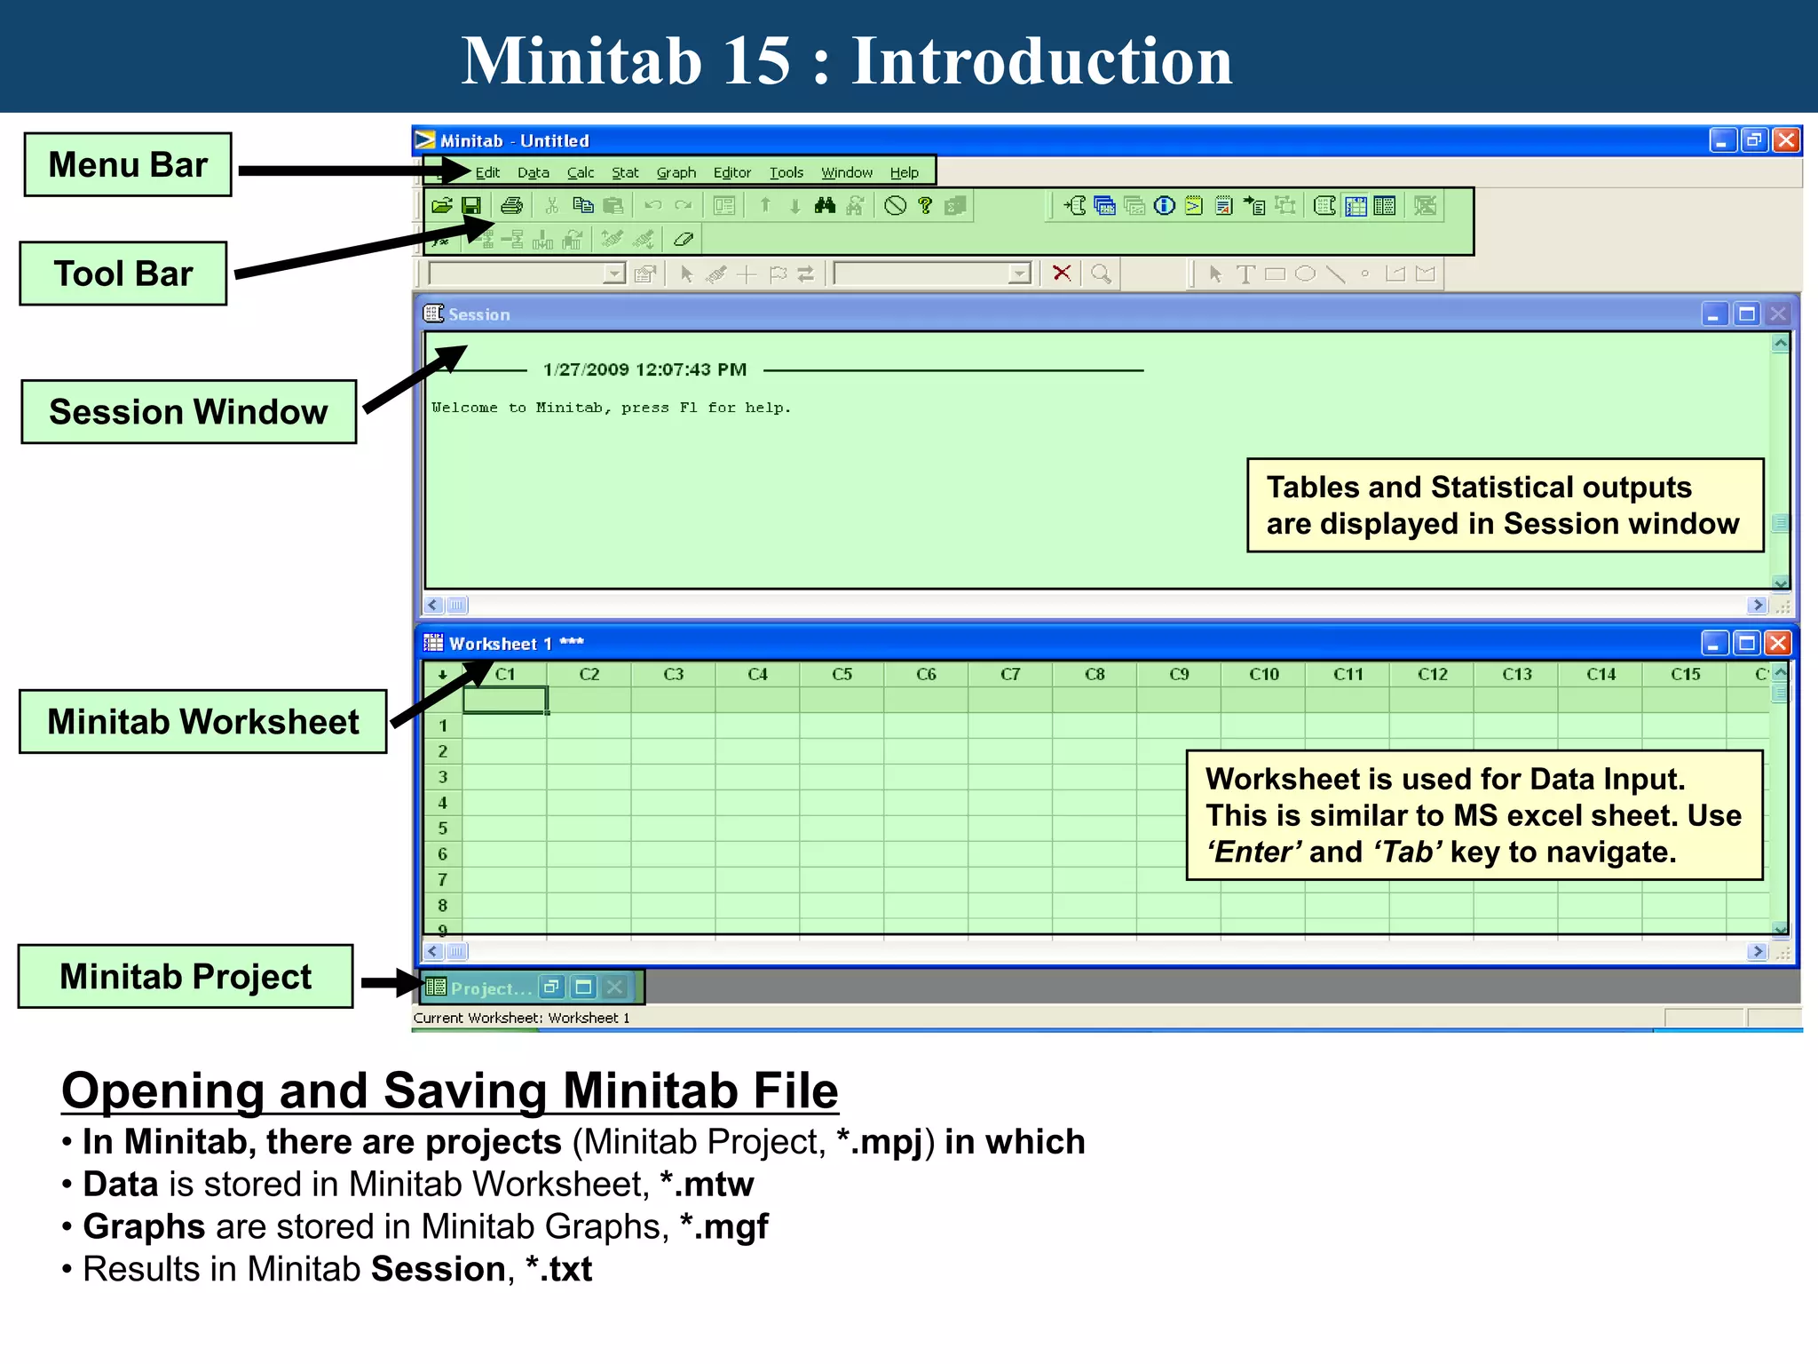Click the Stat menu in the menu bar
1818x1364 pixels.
(625, 172)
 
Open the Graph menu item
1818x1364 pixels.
(676, 172)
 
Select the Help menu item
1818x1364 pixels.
(904, 172)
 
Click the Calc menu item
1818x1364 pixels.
(581, 172)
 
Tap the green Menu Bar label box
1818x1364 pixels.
(128, 165)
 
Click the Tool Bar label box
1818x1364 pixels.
(123, 274)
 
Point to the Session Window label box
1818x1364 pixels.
(188, 412)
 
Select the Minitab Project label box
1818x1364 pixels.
(186, 977)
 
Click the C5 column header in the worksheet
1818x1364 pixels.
(842, 675)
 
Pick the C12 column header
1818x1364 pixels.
(1432, 675)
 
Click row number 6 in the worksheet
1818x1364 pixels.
(442, 854)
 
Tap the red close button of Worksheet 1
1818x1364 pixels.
(1778, 643)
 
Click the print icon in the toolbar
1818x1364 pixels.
(511, 206)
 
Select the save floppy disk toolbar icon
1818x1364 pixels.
(471, 206)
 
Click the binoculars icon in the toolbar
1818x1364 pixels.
(825, 206)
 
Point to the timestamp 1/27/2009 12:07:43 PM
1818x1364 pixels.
(644, 369)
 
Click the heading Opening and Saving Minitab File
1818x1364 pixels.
(449, 1090)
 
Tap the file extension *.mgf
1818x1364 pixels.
(724, 1227)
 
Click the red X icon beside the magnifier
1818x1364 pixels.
(1061, 274)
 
